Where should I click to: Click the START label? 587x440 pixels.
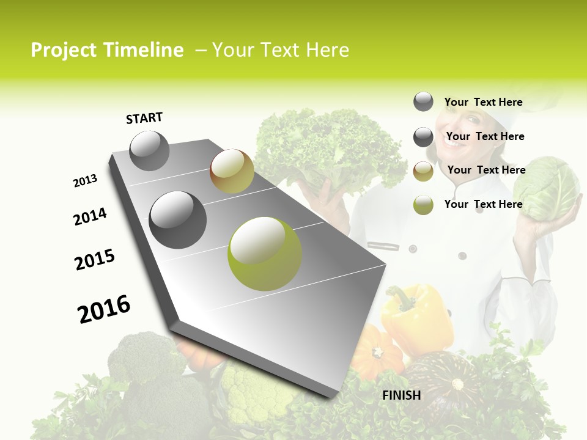pyautogui.click(x=144, y=118)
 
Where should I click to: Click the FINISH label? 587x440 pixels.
pyautogui.click(x=402, y=395)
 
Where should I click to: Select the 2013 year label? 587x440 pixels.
pyautogui.click(x=85, y=181)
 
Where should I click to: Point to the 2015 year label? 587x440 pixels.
pyautogui.click(x=95, y=260)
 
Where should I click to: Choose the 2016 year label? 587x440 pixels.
pyautogui.click(x=104, y=309)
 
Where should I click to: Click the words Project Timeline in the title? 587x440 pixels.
pyautogui.click(x=107, y=50)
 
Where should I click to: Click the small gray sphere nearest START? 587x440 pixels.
pyautogui.click(x=150, y=151)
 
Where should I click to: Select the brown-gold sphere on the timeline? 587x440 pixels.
pyautogui.click(x=232, y=171)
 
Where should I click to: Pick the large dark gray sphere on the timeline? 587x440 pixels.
pyautogui.click(x=178, y=220)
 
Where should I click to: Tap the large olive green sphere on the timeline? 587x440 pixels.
pyautogui.click(x=265, y=254)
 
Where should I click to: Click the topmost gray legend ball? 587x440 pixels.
pyautogui.click(x=423, y=102)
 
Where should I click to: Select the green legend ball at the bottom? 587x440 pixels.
pyautogui.click(x=423, y=205)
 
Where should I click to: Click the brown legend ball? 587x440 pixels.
pyautogui.click(x=423, y=171)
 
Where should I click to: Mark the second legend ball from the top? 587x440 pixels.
pyautogui.click(x=423, y=137)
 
